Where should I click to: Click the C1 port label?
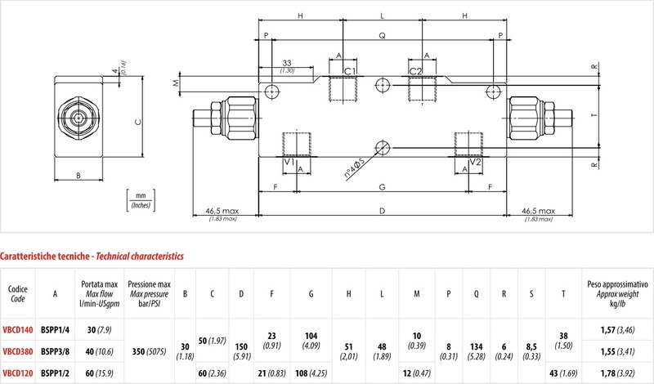point(350,71)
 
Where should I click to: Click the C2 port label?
point(415,71)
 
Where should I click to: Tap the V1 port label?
point(289,162)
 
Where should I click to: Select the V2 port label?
point(476,162)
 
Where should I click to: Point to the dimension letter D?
point(382,211)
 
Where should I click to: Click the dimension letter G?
point(382,187)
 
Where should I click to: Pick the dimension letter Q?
point(382,36)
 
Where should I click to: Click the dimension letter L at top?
point(382,16)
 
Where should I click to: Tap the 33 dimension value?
point(287,63)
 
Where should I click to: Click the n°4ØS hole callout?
point(355,168)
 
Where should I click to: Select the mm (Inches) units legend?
point(141,200)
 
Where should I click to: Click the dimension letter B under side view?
point(78,176)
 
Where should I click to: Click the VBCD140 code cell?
point(17,330)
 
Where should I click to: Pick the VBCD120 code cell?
point(17,373)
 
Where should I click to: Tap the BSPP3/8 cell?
point(55,351)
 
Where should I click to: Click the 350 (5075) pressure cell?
point(150,351)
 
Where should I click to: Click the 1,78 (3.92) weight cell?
point(618,373)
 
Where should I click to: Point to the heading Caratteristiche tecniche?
point(45,256)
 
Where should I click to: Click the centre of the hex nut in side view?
point(78,118)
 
